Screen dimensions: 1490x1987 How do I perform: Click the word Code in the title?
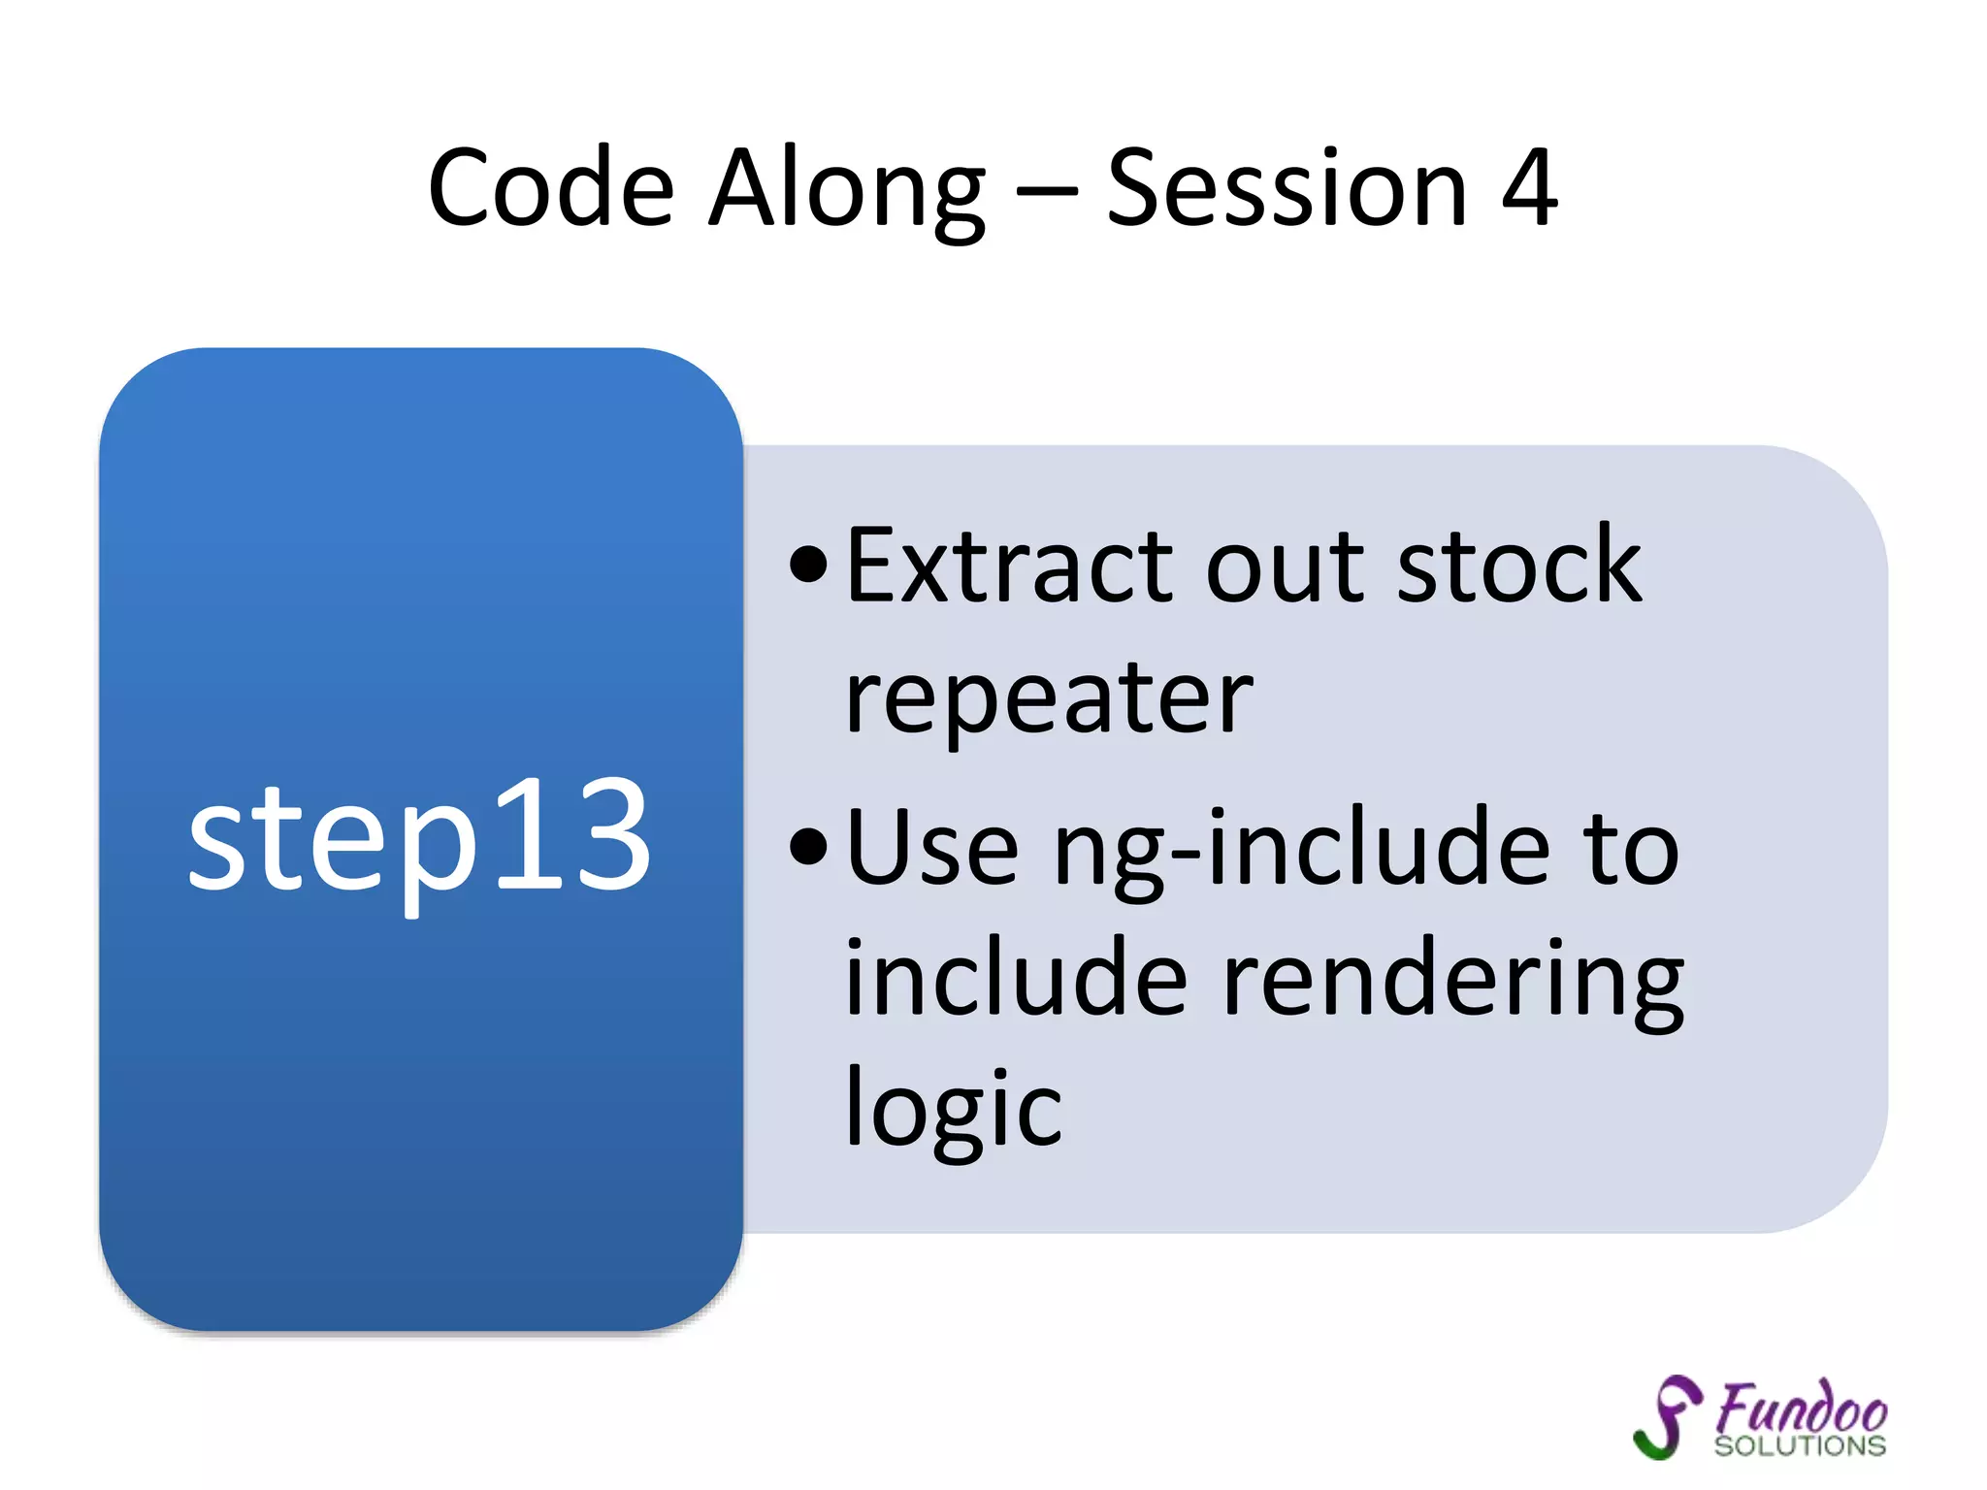[550, 188]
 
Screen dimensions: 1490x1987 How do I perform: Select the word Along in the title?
[846, 188]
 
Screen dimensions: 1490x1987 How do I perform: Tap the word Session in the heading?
[1287, 188]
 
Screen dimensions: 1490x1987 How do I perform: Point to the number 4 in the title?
[1529, 188]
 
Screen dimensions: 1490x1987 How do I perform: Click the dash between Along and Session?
[1046, 192]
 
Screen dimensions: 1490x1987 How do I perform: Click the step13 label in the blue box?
[419, 836]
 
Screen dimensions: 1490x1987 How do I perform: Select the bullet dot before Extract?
[808, 565]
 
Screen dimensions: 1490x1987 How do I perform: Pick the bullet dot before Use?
[808, 847]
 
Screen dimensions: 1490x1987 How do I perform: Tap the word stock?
[1518, 567]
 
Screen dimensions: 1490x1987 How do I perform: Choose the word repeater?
[1048, 700]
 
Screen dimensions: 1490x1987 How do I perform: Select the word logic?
[953, 1109]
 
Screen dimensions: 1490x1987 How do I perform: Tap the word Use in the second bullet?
[932, 849]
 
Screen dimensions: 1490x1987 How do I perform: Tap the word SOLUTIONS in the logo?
[1800, 1446]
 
